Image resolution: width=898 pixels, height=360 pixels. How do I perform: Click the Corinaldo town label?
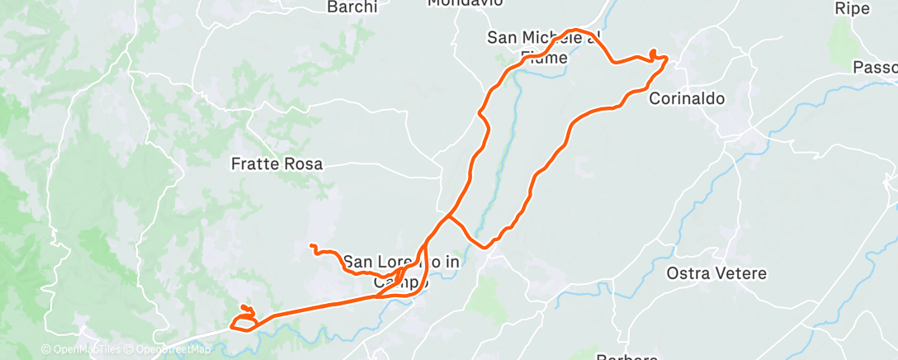(x=687, y=98)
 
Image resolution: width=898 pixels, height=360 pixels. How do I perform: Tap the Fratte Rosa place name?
(x=276, y=163)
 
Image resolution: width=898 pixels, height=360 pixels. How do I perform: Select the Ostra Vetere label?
(x=716, y=273)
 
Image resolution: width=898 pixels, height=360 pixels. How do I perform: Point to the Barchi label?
(x=352, y=7)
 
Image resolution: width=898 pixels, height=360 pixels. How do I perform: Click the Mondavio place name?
(x=465, y=3)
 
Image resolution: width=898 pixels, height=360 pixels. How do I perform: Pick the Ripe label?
(x=853, y=8)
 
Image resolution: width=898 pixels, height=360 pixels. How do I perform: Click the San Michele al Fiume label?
(x=541, y=46)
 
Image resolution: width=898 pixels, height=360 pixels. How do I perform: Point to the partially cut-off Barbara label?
(x=626, y=357)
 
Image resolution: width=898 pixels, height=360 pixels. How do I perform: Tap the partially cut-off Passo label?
(x=876, y=66)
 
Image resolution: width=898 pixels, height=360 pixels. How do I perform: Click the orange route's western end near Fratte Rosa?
(x=311, y=245)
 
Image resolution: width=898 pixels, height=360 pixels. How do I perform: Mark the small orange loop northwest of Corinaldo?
(x=655, y=54)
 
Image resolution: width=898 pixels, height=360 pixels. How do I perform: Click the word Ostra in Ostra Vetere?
(x=685, y=273)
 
